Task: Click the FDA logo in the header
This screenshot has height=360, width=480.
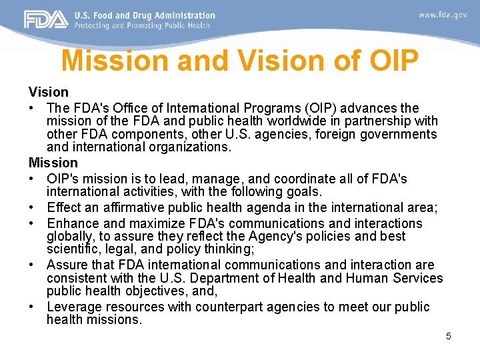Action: coord(46,19)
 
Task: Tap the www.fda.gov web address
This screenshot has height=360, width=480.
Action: coord(443,15)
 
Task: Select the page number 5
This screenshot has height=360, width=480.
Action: coord(449,336)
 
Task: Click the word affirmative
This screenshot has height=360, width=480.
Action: coord(135,207)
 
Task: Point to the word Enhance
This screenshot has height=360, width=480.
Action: coord(73,223)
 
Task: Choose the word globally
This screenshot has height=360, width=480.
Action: coord(69,236)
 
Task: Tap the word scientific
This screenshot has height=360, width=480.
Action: coord(73,249)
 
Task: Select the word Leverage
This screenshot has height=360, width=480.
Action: coord(75,307)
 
